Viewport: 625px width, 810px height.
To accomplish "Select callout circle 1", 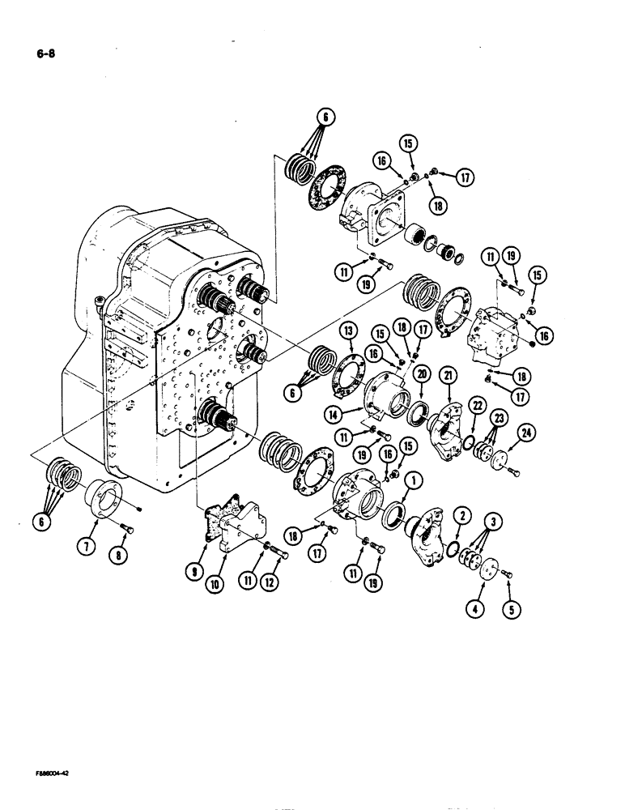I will [x=413, y=480].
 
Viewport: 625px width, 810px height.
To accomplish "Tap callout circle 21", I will [x=449, y=375].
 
